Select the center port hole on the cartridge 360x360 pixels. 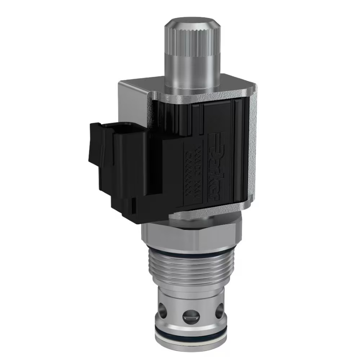(190, 315)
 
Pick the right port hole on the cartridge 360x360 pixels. (218, 310)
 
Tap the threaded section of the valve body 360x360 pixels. (190, 268)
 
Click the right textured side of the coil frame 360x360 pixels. (252, 151)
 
